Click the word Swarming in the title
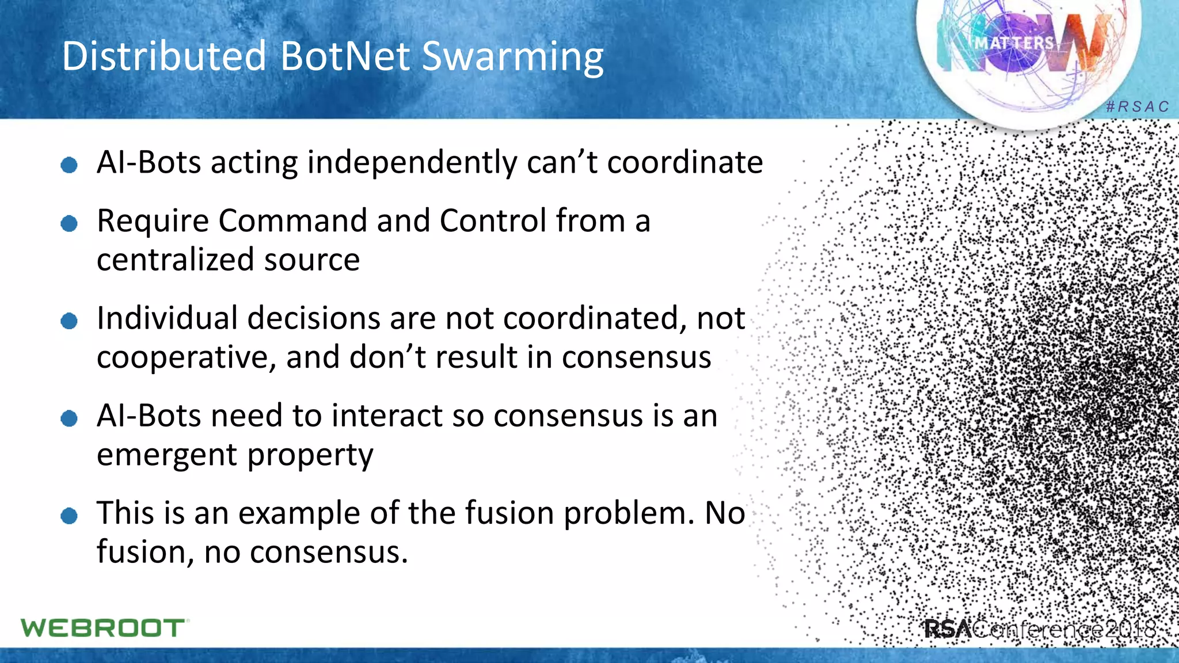click(x=512, y=58)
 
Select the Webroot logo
click(x=104, y=628)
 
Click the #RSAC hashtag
click(x=1138, y=107)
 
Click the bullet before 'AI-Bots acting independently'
click(x=69, y=166)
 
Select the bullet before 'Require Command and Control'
click(x=69, y=223)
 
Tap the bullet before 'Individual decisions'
click(x=69, y=321)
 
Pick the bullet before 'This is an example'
click(x=69, y=516)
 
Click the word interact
click(x=380, y=416)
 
